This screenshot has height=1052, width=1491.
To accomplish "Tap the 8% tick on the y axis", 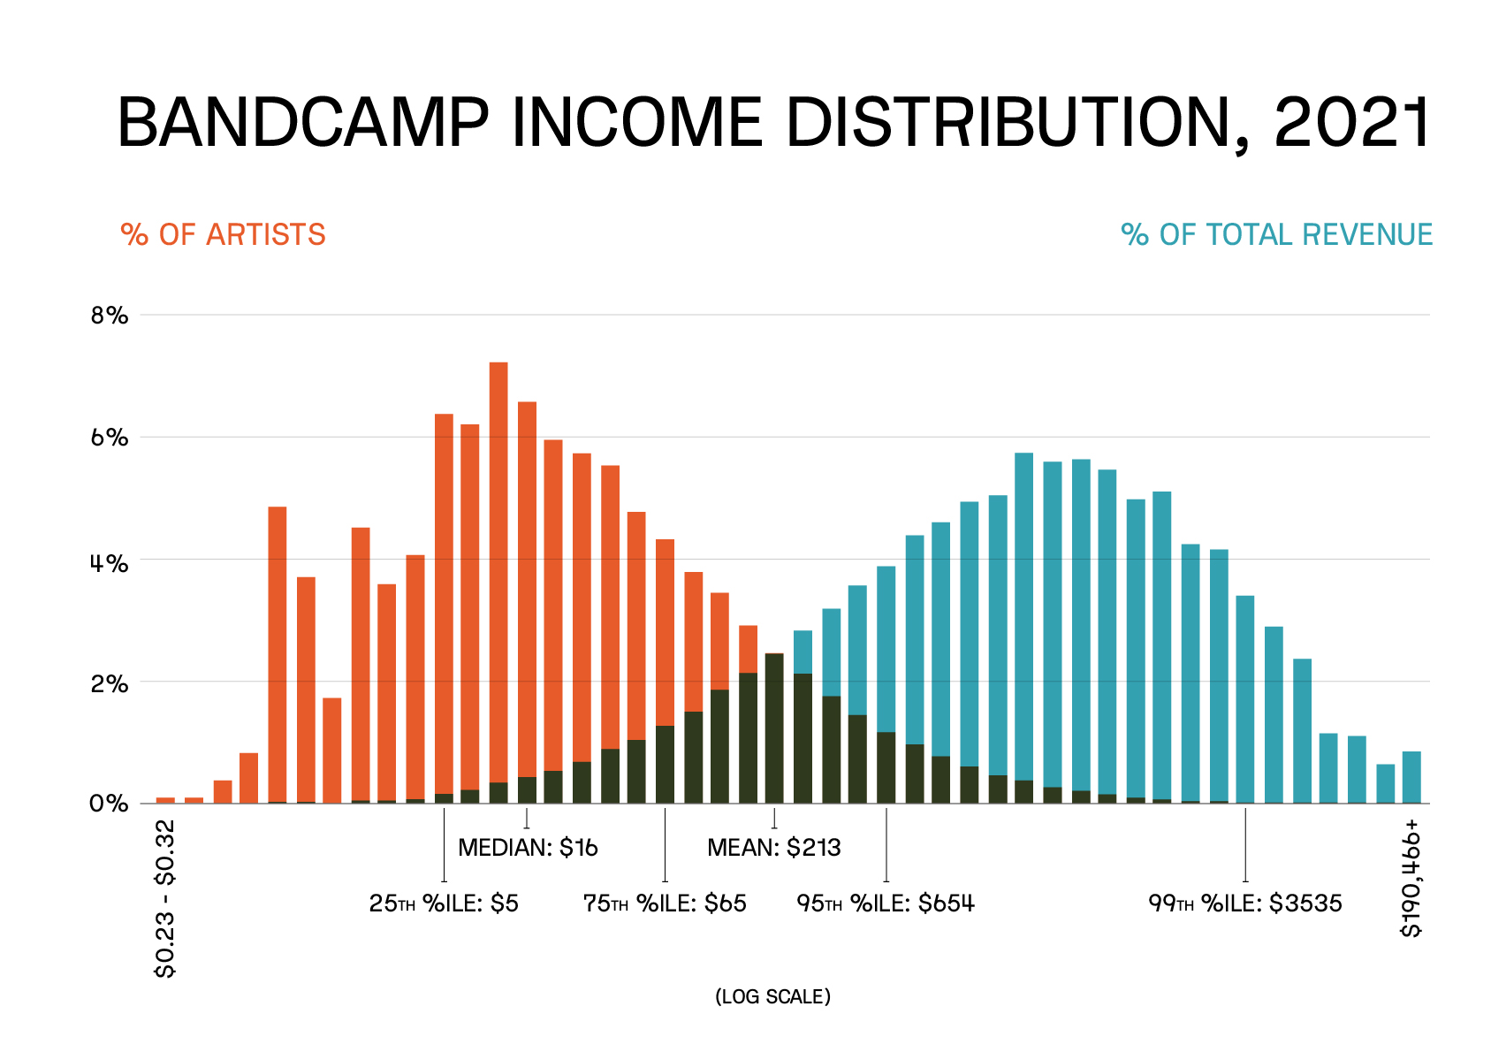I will point(110,316).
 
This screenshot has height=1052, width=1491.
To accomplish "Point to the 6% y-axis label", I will point(110,438).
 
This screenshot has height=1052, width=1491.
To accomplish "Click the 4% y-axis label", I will point(110,561).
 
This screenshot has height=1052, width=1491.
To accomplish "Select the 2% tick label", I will point(110,683).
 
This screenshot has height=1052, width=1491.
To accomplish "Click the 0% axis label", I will point(110,804).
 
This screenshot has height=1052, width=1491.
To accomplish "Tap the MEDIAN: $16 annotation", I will point(528,849).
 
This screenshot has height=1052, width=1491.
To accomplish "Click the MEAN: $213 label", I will point(773,849).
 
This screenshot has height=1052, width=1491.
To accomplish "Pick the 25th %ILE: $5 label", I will point(444,904).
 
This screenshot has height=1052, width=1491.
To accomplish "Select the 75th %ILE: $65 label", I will point(665,904).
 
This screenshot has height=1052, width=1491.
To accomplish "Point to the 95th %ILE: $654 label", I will point(886,904).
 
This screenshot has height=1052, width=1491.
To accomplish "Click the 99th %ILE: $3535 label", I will point(1244,904).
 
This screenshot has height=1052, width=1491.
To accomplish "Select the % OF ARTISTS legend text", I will point(223,235).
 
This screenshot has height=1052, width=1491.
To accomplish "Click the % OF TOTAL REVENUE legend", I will point(1276,235).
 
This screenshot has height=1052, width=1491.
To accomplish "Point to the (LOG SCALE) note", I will point(772,997).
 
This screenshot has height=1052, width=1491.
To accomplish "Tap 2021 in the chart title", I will point(1352,123).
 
